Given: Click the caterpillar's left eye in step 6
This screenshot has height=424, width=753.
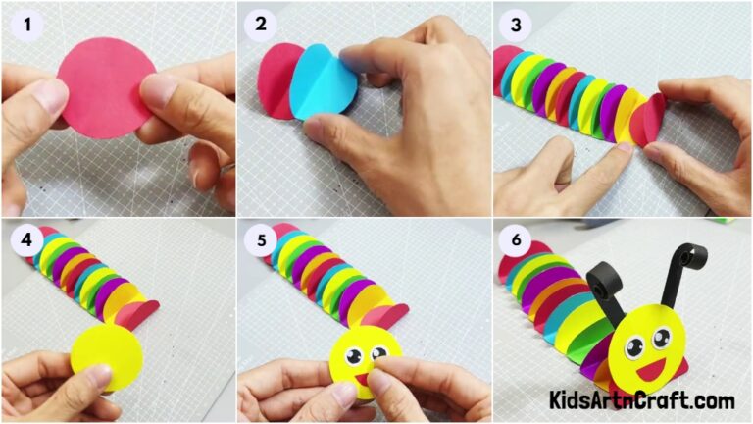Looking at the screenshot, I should point(634,345).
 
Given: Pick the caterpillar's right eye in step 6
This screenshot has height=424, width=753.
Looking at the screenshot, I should point(662,338).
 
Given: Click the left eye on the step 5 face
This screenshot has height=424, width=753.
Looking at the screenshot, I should point(353,356).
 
